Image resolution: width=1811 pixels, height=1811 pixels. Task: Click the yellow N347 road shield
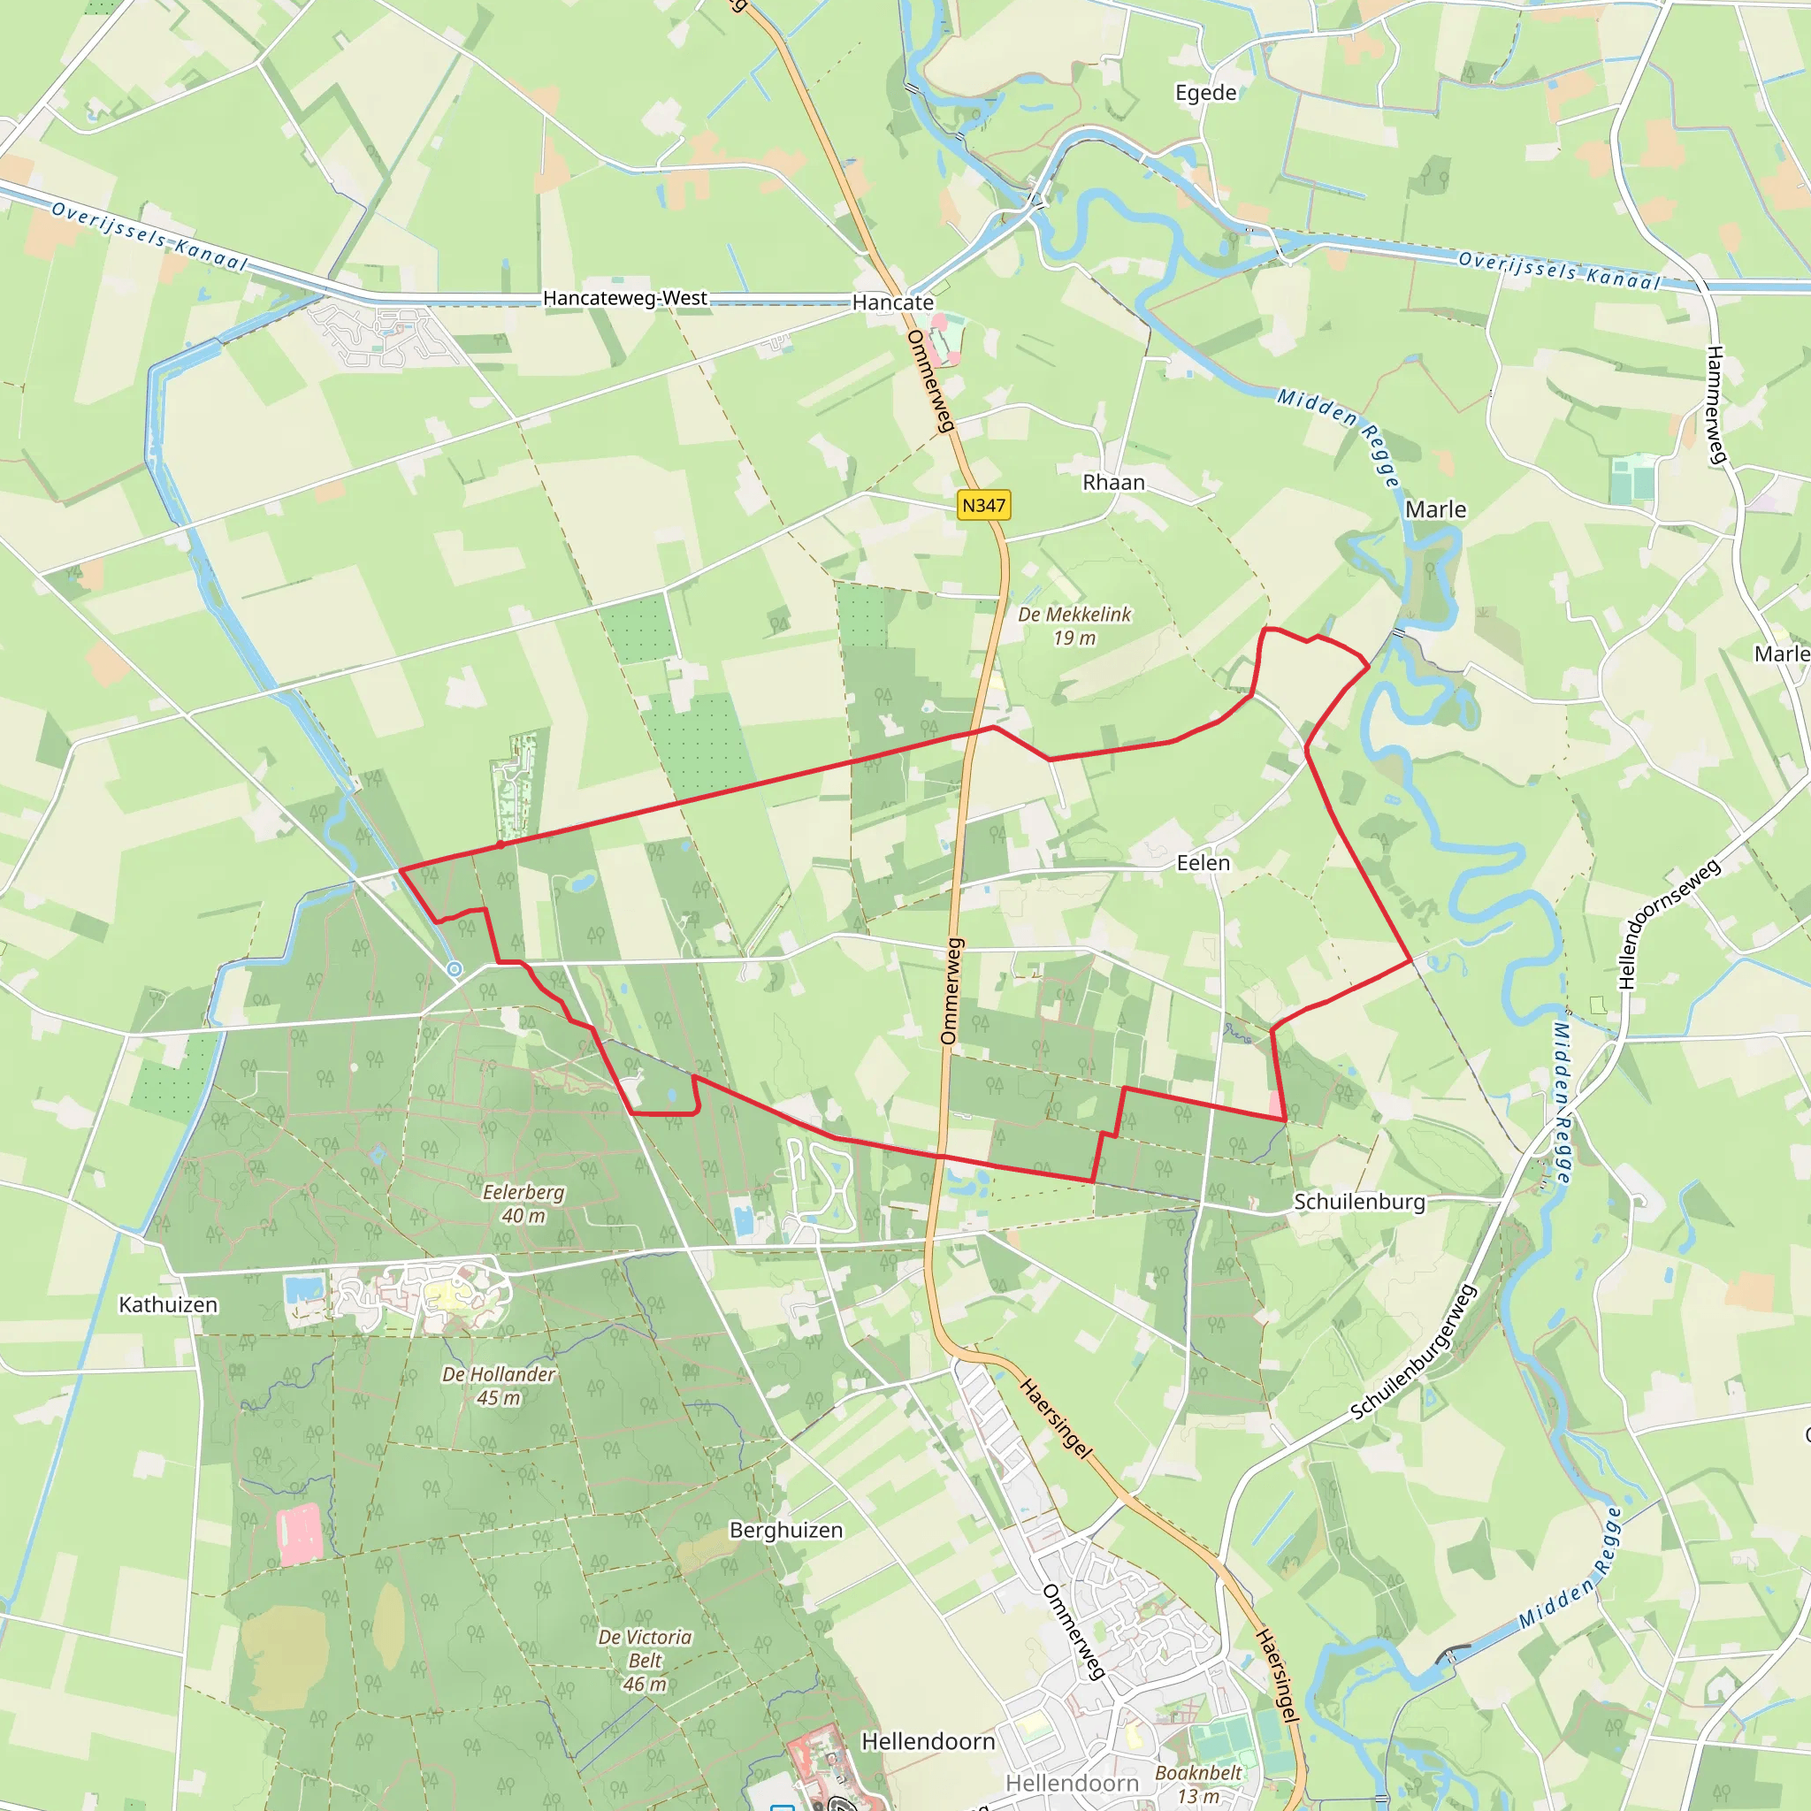tap(983, 505)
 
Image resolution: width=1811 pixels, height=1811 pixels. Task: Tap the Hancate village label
tap(892, 302)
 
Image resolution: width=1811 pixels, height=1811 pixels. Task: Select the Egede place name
tap(1205, 93)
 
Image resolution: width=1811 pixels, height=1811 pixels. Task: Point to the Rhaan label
tap(1113, 482)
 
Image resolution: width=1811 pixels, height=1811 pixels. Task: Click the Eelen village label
tap(1203, 862)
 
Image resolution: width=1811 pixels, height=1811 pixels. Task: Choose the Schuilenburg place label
tap(1359, 1202)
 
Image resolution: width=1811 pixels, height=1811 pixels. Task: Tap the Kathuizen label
tap(168, 1305)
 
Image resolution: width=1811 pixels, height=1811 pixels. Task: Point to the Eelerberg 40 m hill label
tap(523, 1204)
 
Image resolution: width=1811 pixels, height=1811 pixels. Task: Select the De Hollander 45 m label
tap(499, 1386)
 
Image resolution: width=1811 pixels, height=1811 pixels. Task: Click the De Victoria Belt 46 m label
tap(645, 1660)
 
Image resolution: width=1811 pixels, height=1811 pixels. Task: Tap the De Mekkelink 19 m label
tap(1074, 625)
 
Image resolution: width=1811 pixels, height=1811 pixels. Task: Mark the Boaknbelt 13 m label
tap(1198, 1784)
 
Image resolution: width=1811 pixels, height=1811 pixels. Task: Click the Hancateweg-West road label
tap(625, 298)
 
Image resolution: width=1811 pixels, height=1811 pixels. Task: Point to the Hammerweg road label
tap(1715, 405)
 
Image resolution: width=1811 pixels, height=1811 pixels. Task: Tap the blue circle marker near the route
tap(455, 969)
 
